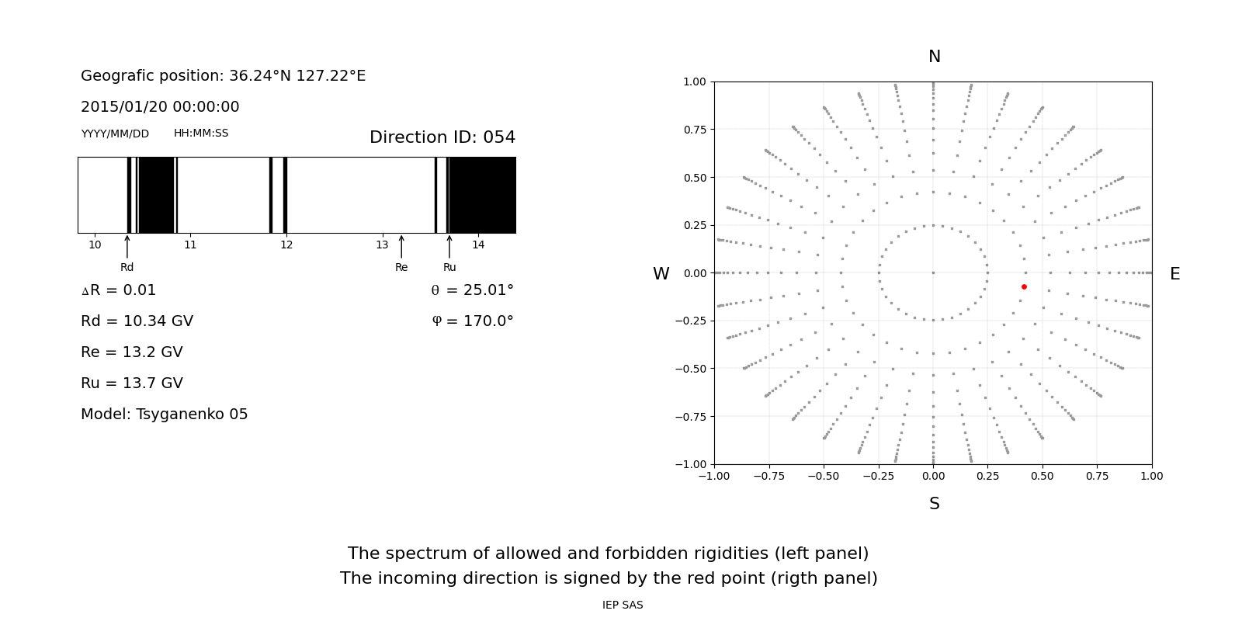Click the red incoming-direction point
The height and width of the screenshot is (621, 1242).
point(1024,287)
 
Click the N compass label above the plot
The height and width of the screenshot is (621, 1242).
point(935,57)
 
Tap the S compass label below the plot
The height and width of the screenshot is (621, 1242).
point(935,504)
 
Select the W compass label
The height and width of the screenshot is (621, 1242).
point(661,274)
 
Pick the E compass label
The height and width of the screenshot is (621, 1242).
point(1174,274)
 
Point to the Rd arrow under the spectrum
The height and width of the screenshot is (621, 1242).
point(127,247)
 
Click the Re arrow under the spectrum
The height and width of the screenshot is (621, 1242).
point(401,247)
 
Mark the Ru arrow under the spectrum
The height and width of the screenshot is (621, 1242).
point(449,247)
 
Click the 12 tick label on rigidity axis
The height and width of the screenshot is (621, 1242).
point(286,245)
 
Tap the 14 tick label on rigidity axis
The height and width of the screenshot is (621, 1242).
point(478,245)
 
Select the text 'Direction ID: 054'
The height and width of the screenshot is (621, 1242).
point(442,137)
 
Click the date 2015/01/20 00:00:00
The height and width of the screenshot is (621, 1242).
point(160,107)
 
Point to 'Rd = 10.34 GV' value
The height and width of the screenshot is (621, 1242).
point(137,321)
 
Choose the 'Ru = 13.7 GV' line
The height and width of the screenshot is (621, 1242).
point(132,383)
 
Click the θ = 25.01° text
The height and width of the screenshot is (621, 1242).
point(472,290)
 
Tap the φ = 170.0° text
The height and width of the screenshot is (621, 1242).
point(472,321)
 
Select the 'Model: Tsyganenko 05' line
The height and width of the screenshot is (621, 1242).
point(165,415)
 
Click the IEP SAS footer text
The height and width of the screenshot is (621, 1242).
point(623,605)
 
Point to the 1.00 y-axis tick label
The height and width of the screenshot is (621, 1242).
point(695,82)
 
